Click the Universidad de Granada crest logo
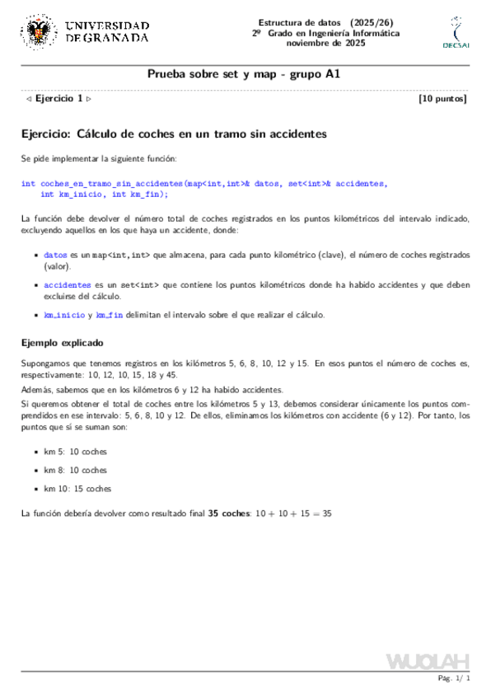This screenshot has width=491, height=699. tap(37, 31)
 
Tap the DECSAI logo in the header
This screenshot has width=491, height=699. tap(456, 32)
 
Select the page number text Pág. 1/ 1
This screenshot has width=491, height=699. tap(454, 678)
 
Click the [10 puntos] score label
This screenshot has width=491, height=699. tap(443, 99)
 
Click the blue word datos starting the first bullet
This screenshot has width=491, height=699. tap(55, 256)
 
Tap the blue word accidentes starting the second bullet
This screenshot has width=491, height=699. tap(68, 285)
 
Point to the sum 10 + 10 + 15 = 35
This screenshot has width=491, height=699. tap(293, 514)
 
